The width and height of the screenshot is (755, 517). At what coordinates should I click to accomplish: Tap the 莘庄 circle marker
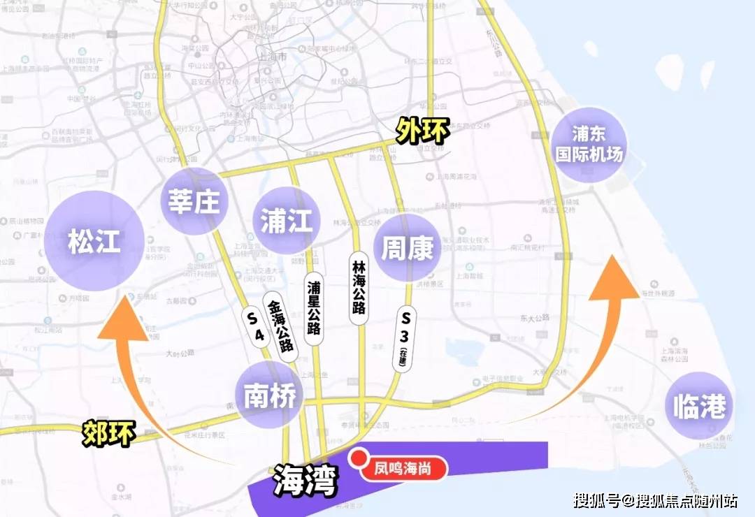[194, 201]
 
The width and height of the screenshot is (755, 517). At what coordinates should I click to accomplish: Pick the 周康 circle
[408, 248]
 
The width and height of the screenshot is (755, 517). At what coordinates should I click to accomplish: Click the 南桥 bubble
[269, 395]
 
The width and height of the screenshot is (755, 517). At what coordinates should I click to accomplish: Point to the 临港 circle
[699, 407]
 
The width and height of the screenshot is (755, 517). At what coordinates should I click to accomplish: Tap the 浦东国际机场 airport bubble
[589, 144]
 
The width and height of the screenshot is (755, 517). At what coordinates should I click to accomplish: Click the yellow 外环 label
[423, 130]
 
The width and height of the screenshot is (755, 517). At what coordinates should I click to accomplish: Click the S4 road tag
[256, 326]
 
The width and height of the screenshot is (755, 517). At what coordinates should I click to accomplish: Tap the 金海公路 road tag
[281, 325]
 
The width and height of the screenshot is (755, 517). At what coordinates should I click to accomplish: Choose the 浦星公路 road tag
[314, 308]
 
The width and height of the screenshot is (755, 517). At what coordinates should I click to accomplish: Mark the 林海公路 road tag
[359, 289]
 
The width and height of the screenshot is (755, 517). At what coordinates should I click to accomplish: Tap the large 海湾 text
[305, 481]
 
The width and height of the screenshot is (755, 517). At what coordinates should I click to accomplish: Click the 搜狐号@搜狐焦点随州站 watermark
[655, 500]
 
